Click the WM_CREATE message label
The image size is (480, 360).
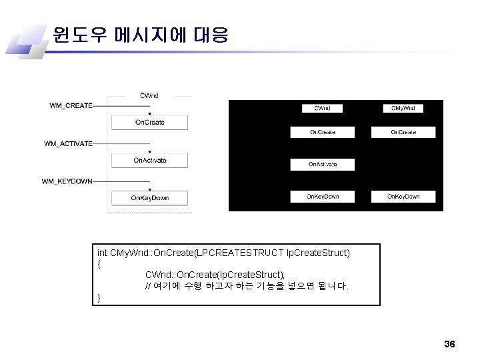coord(71,105)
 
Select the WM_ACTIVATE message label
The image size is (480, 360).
coord(69,143)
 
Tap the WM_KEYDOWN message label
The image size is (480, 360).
coord(67,181)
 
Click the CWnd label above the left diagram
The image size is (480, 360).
coord(149,95)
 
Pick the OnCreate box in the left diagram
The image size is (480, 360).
coord(149,123)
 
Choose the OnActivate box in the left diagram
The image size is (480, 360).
coord(149,161)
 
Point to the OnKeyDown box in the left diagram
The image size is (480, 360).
coord(149,198)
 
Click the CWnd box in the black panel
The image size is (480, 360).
coord(323,107)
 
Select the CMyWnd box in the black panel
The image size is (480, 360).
coord(403,107)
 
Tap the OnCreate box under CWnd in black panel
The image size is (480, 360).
coord(323,132)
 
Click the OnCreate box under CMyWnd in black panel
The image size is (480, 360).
coord(403,132)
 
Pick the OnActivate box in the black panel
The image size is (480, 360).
coord(323,164)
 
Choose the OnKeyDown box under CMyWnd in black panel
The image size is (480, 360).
coord(403,197)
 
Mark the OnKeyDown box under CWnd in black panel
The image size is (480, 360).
coord(323,197)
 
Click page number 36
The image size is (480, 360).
coord(449,344)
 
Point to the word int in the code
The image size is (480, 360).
coord(102,253)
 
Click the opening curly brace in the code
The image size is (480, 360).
coord(99,263)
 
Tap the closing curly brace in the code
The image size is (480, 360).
coord(99,297)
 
